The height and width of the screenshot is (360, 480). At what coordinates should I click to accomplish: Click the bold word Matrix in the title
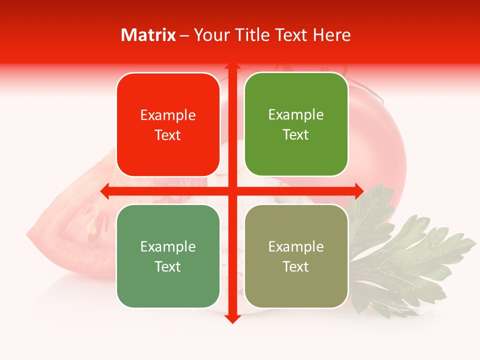pos(148,35)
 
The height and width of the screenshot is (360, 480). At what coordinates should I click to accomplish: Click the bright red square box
pos(168,125)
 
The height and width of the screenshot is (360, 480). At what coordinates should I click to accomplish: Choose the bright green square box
pos(296,124)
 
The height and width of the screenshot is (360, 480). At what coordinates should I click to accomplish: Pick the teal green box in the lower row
pos(168,256)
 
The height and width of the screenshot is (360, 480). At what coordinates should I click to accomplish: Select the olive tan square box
pos(296,256)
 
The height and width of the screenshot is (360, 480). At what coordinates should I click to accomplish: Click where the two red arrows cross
pos(232,191)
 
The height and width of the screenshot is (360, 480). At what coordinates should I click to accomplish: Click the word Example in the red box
pos(168,115)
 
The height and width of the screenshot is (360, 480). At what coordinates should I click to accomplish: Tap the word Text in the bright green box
pos(296,135)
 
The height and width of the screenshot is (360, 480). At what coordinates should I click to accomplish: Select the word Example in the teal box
pos(168,247)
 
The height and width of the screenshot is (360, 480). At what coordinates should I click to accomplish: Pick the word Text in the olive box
pos(296,267)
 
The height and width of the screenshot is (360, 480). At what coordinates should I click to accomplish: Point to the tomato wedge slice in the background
pos(70,225)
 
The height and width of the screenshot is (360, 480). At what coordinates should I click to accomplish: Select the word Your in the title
pos(211,35)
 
